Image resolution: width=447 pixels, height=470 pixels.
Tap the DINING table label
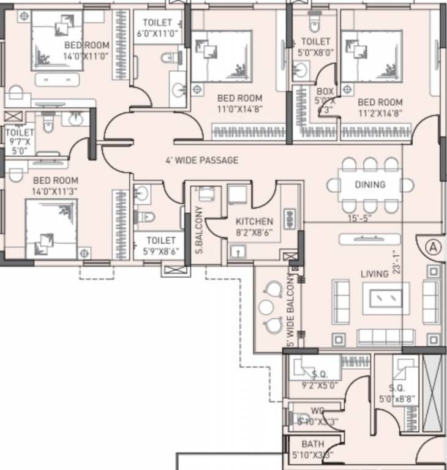[x=370, y=185]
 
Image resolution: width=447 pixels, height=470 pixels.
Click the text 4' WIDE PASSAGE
[x=201, y=160]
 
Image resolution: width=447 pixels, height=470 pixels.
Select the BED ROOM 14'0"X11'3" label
[x=55, y=185]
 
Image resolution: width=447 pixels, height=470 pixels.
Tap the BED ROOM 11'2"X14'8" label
[x=380, y=108]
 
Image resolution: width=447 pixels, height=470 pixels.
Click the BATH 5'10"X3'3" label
[x=317, y=449]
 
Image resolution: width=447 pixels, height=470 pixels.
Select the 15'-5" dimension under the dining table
[x=360, y=217]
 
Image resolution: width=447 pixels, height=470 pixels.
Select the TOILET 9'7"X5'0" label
[x=19, y=141]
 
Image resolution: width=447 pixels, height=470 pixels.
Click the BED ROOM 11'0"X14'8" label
[x=239, y=103]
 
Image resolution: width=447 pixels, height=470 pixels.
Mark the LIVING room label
[x=374, y=274]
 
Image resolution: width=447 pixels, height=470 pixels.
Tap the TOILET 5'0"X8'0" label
[x=316, y=47]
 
